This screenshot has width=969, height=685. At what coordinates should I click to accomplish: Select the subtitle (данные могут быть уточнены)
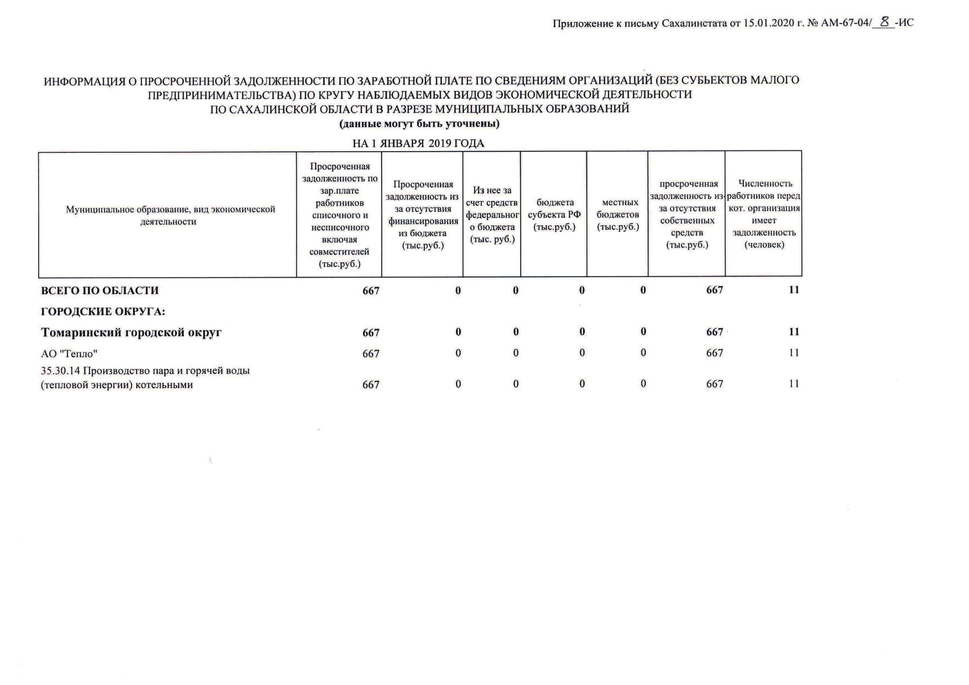[x=420, y=124]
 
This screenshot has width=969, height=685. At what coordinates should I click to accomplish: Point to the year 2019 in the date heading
[x=440, y=143]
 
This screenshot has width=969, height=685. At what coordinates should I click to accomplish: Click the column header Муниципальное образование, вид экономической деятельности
[x=170, y=215]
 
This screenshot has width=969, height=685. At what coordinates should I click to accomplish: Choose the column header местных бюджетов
[x=617, y=214]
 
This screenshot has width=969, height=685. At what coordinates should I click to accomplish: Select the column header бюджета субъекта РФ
[x=554, y=214]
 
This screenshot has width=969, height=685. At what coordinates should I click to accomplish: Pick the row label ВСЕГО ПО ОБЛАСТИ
[x=100, y=290]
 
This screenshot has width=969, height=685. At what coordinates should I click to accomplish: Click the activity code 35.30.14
[x=60, y=371]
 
